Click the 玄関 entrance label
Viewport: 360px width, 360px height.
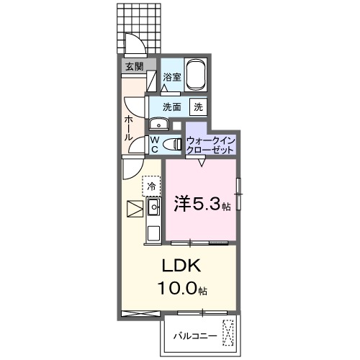(134, 66)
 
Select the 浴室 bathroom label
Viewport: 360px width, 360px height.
(171, 77)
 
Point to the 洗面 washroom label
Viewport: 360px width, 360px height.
(171, 107)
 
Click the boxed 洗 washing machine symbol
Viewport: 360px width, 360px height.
(198, 107)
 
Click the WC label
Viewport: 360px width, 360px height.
(154, 144)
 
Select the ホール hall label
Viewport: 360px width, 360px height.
(128, 127)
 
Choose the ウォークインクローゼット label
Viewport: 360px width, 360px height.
(210, 144)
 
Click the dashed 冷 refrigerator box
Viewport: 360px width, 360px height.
(151, 186)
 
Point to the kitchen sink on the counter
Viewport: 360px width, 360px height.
(153, 208)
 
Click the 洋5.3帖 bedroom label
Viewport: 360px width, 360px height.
(202, 204)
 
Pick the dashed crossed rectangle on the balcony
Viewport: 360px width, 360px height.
(229, 333)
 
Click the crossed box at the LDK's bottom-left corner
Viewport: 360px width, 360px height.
(133, 312)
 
